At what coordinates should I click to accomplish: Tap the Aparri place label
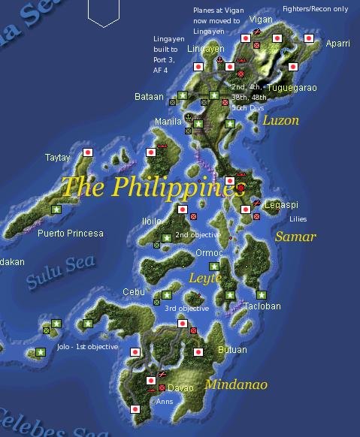pos(337,44)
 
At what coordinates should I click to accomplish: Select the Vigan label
pos(261,20)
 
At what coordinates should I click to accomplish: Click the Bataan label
pos(149,97)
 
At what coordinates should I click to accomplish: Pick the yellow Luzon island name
pos(280,120)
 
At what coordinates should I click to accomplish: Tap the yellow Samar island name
pos(295,237)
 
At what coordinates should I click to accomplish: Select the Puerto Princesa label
pos(71,234)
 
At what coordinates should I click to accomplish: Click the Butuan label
pos(231,350)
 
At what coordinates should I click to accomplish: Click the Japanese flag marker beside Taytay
pos(88,152)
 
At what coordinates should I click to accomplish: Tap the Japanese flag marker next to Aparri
pos(308,38)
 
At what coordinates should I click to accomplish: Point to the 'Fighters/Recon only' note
pos(315,9)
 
